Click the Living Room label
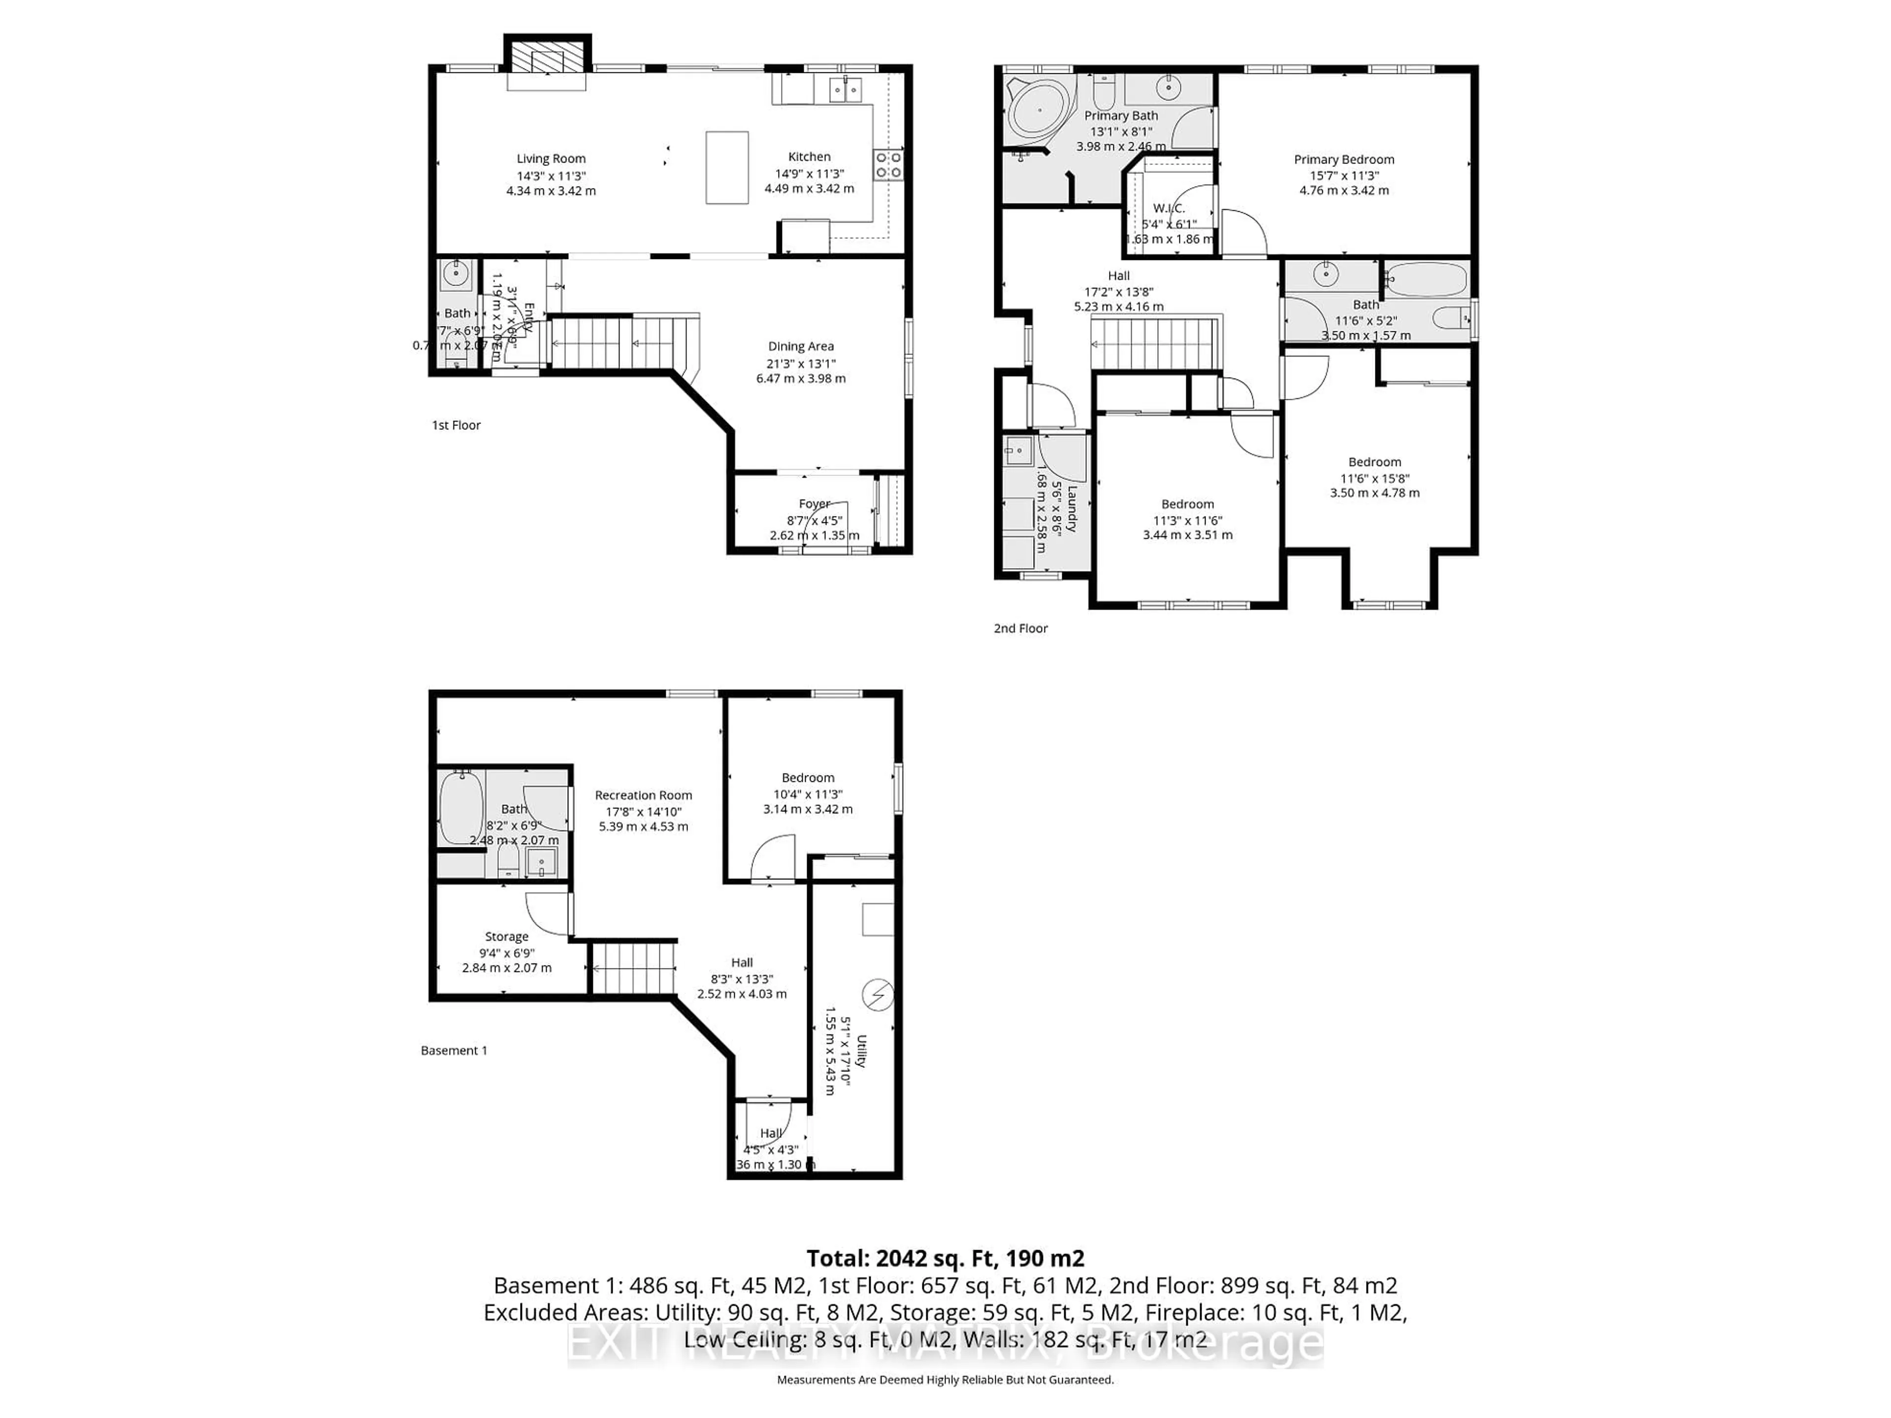pyautogui.click(x=551, y=158)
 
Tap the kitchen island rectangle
pyautogui.click(x=727, y=167)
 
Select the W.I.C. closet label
pyautogui.click(x=1169, y=209)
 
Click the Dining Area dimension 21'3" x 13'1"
pyautogui.click(x=800, y=363)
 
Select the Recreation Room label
pyautogui.click(x=643, y=795)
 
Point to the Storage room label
pyautogui.click(x=506, y=937)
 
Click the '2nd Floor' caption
pyautogui.click(x=1020, y=628)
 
